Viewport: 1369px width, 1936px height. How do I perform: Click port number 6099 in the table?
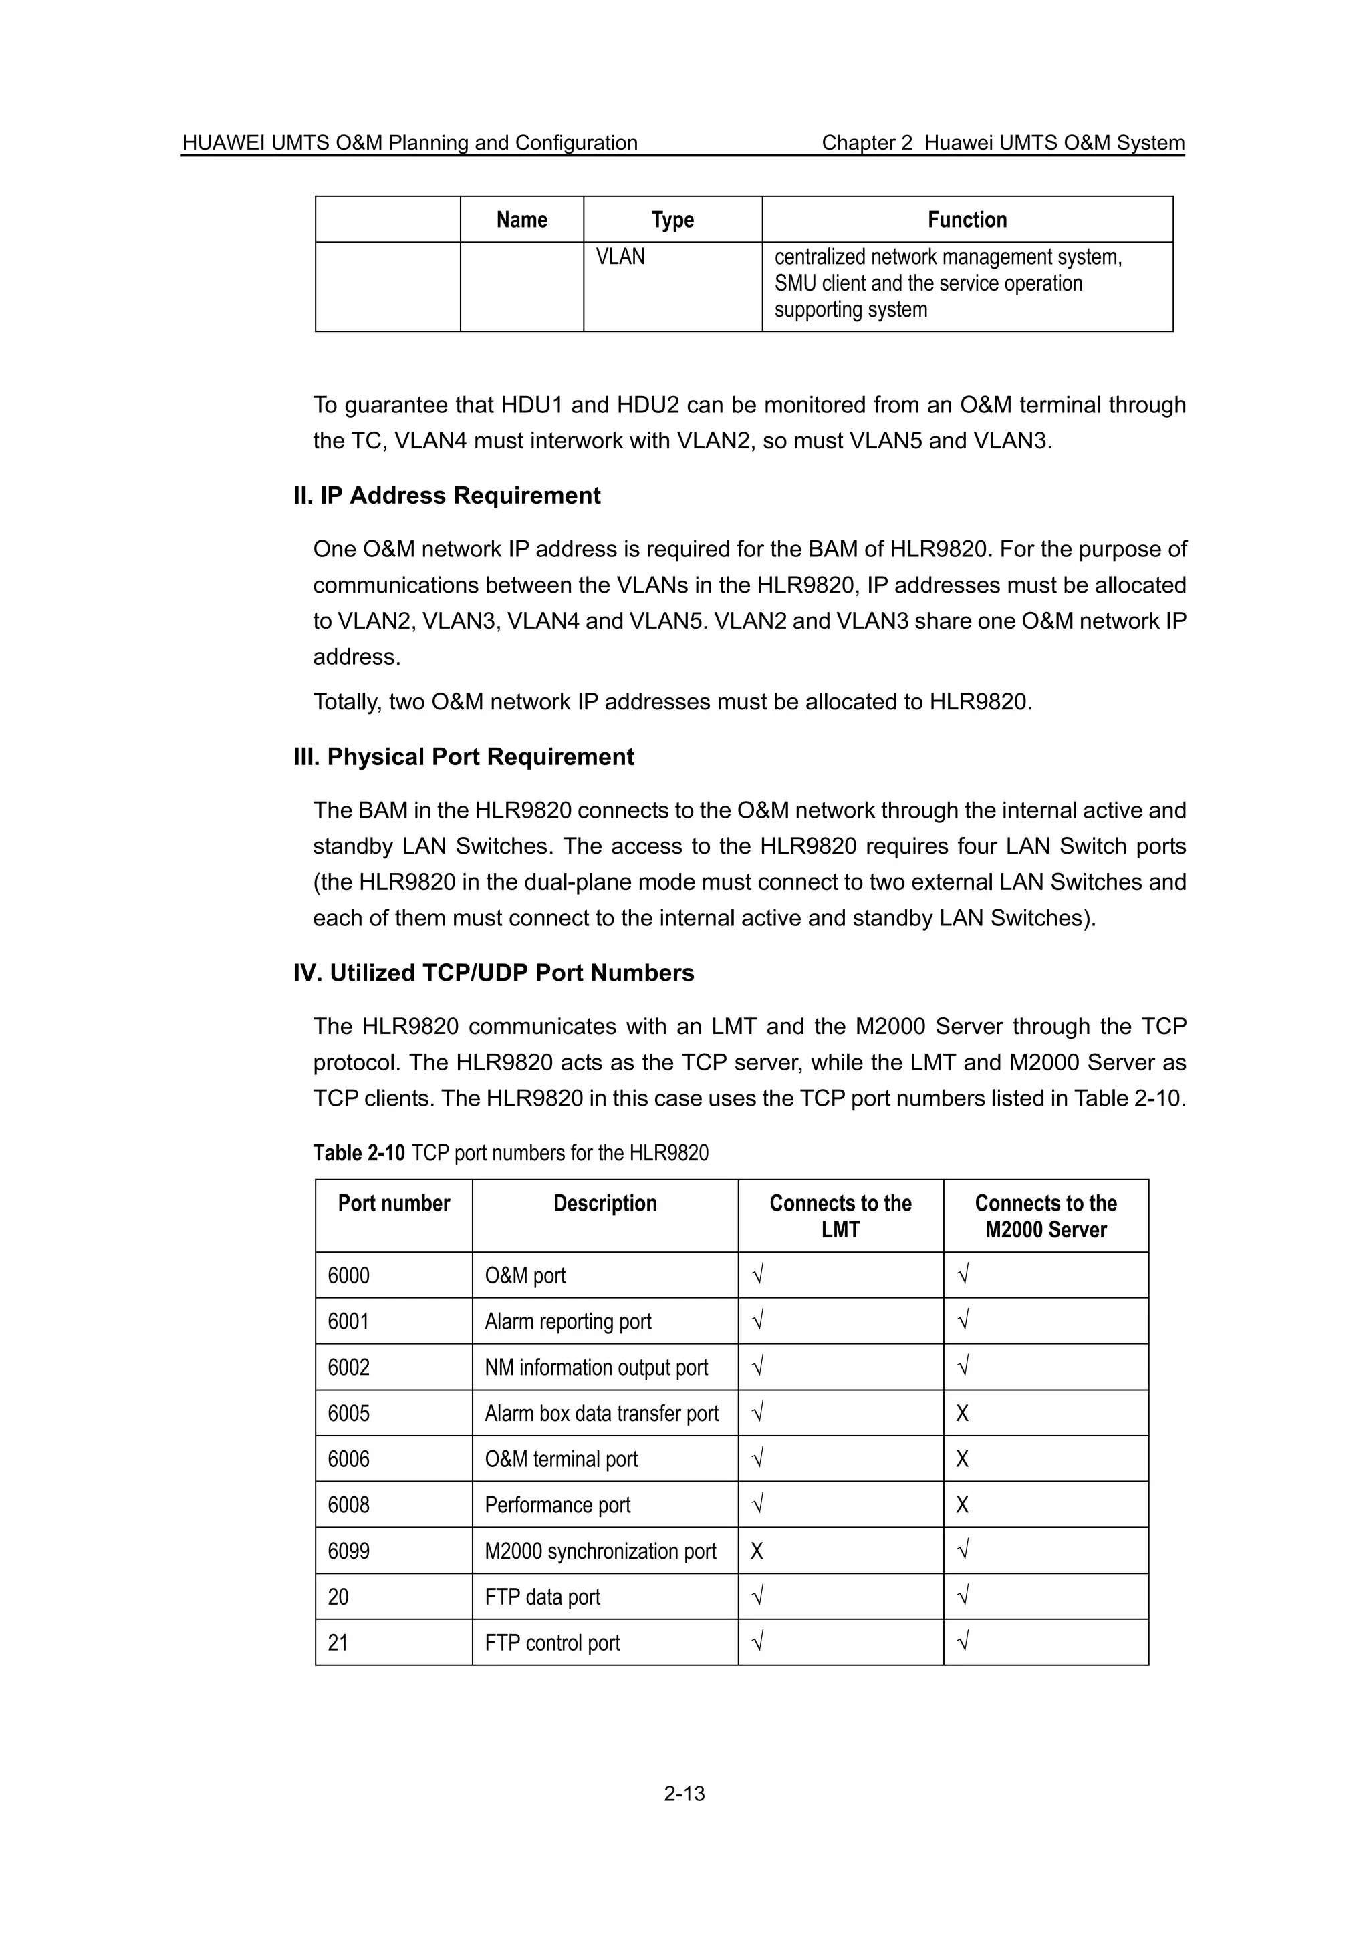[348, 1551]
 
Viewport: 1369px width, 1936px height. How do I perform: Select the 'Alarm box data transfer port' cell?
[602, 1413]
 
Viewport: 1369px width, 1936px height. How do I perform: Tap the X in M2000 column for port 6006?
[963, 1460]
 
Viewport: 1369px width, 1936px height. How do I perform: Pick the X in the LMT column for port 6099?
[757, 1551]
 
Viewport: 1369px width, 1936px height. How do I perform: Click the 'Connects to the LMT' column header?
[840, 1216]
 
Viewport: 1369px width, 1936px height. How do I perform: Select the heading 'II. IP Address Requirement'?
[447, 496]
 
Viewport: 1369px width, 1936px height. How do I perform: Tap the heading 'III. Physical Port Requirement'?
[463, 757]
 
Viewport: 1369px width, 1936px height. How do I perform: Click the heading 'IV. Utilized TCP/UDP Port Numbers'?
[493, 973]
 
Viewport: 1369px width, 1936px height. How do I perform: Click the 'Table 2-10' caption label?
[360, 1152]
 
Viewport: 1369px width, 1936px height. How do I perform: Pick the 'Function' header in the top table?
[967, 220]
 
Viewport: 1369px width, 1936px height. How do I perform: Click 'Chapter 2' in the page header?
[866, 142]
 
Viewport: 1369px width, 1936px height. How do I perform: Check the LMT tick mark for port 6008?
[757, 1505]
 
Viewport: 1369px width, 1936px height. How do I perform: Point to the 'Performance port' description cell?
[557, 1505]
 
